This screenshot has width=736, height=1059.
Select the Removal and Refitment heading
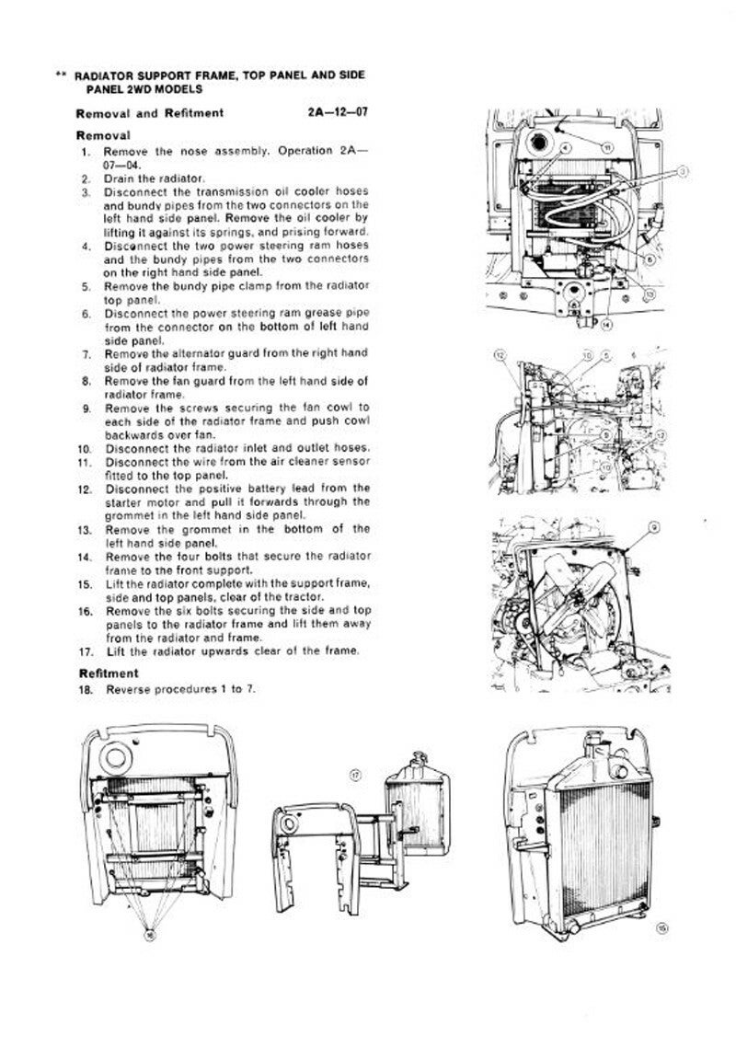coord(149,113)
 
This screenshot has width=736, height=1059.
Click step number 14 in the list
coord(84,557)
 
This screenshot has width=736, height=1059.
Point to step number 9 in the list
coord(86,407)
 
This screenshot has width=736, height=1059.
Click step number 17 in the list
coord(84,651)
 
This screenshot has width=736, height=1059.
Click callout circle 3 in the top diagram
coord(684,171)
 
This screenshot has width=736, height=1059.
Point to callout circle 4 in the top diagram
coord(565,146)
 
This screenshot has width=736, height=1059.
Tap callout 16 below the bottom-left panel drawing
coord(151,933)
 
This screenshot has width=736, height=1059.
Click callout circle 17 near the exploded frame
coord(357,776)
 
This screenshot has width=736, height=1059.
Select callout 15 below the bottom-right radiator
coord(661,927)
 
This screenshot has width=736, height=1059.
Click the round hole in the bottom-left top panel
coord(117,758)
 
